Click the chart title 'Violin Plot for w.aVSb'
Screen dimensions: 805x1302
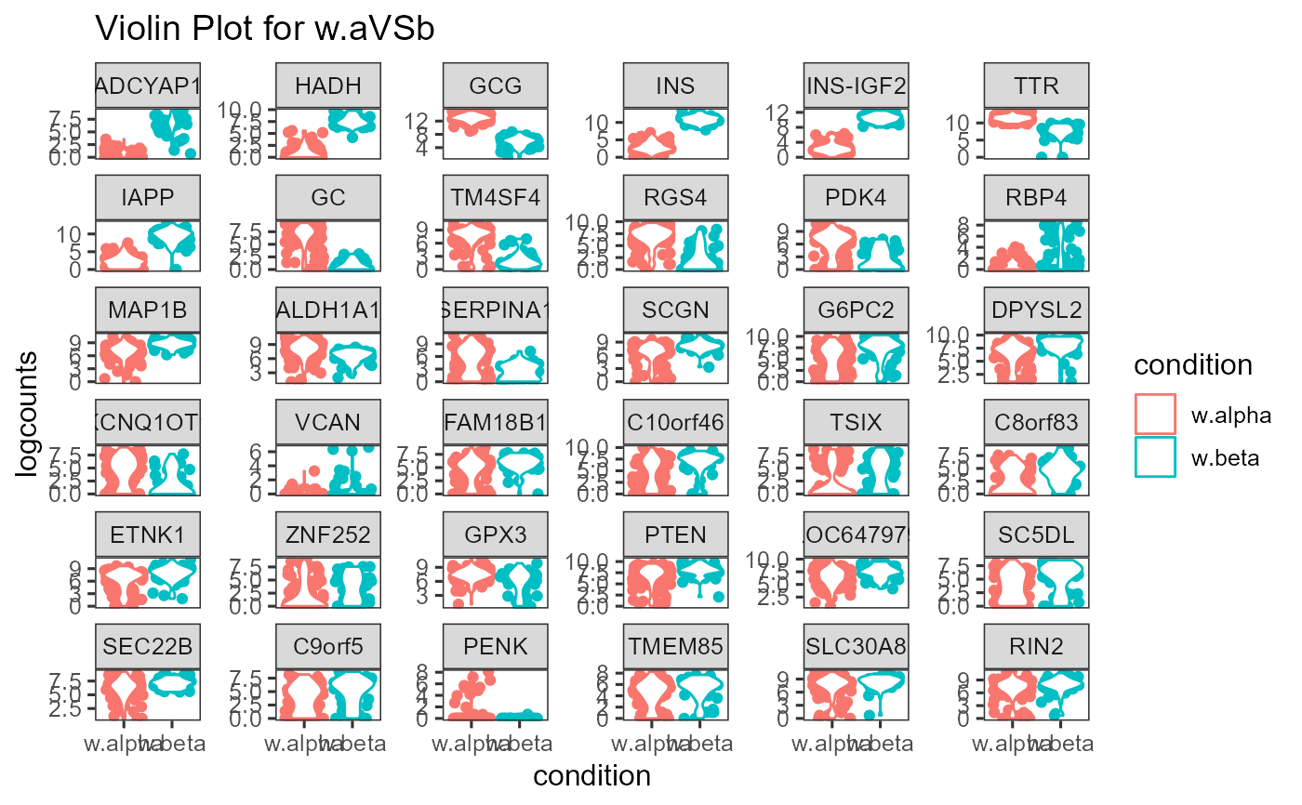(265, 30)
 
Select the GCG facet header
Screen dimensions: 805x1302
(496, 86)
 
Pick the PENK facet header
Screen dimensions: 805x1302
(496, 645)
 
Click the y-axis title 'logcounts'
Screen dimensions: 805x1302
(28, 414)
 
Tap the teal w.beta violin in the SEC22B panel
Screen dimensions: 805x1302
(171, 683)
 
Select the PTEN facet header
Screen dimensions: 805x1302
(676, 534)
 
